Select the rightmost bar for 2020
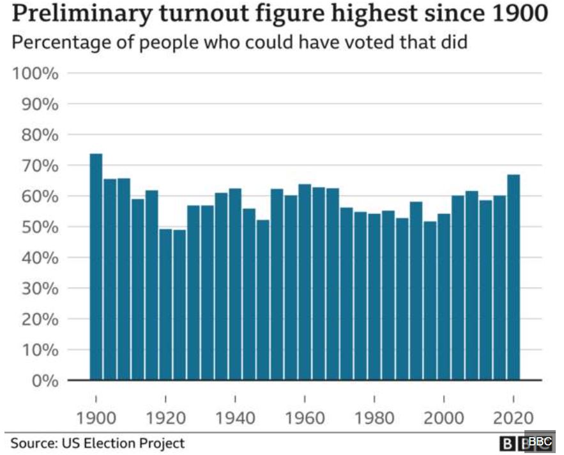[514, 277]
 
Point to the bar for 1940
[235, 284]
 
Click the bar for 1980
[374, 298]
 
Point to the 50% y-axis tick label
[40, 227]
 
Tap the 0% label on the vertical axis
[44, 381]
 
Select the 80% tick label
[40, 135]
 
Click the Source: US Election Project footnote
[97, 442]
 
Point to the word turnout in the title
[163, 14]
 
